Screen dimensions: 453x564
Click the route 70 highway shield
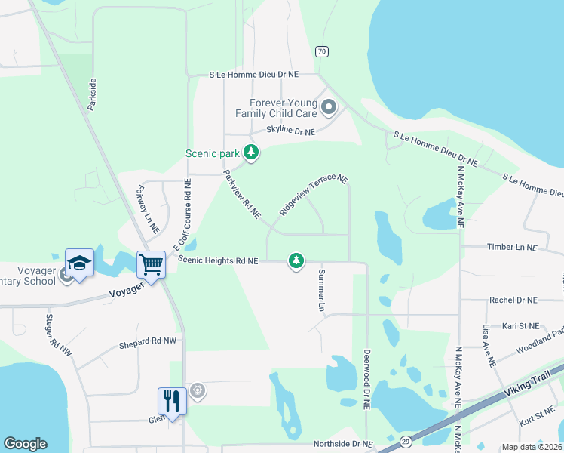322,51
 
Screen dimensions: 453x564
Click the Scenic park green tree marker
251,153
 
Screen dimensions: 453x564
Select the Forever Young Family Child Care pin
328,107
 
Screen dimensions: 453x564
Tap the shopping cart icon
151,265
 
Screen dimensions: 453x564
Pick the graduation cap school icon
79,262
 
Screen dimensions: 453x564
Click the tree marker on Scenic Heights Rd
296,261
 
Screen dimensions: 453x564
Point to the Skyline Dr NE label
284,131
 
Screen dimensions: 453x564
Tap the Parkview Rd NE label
241,194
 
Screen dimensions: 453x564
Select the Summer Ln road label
320,291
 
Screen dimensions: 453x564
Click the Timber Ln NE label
511,247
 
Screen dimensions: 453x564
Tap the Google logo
25,443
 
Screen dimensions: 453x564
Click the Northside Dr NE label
343,444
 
